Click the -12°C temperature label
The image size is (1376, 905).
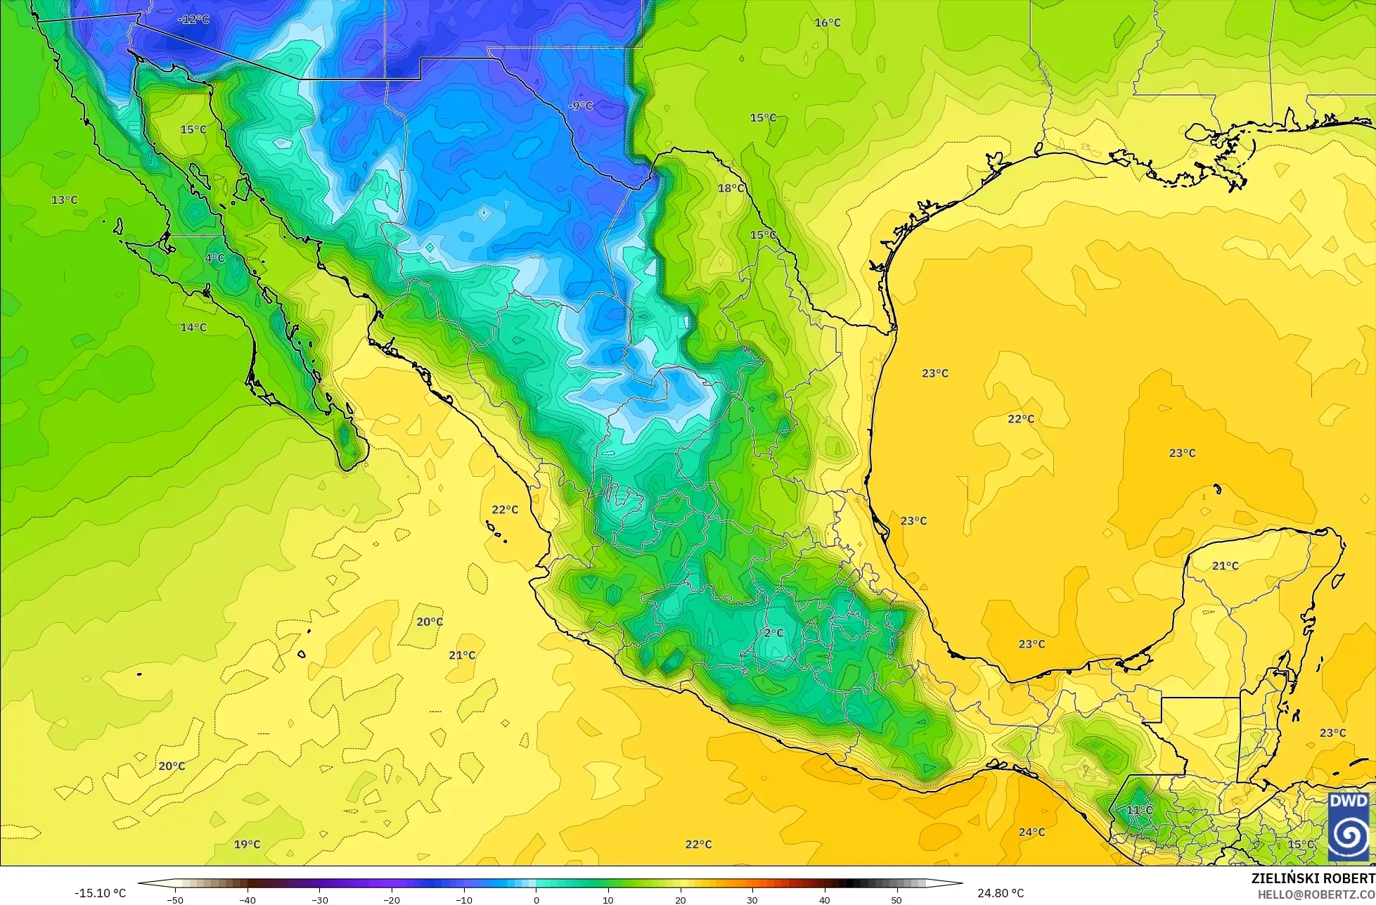pos(193,20)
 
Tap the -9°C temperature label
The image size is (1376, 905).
pos(580,106)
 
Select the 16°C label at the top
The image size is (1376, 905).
pos(828,23)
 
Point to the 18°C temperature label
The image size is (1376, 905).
pos(731,188)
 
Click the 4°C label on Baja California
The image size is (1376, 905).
pos(214,258)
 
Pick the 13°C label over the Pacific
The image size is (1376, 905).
pos(64,200)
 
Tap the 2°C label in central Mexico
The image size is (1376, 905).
pos(773,633)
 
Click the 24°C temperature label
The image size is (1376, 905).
pos(1031,832)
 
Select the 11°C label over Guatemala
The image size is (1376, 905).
pos(1139,810)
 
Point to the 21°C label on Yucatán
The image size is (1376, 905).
pos(1226,566)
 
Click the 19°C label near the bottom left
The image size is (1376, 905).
pos(247,844)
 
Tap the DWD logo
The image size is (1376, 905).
pos(1349,827)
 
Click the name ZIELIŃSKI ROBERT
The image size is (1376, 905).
pos(1313,879)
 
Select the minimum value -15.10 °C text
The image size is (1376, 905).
pos(101,894)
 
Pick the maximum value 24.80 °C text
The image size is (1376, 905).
pos(1001,894)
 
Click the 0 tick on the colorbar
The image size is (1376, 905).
pos(536,899)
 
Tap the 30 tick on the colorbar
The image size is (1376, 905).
pos(752,899)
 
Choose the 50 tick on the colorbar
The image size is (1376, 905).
pos(896,899)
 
